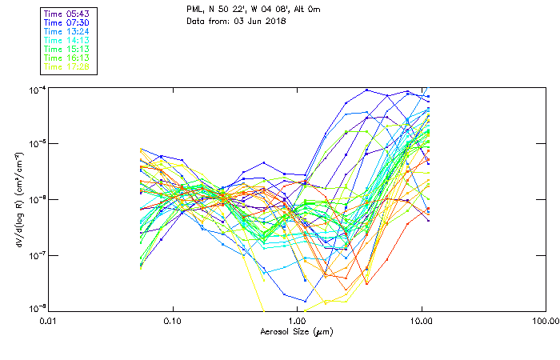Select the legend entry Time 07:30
point(67,23)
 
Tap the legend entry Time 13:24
point(67,32)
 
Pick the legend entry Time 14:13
point(67,41)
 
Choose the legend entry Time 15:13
point(67,50)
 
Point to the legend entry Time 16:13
point(67,58)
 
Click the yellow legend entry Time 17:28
point(67,67)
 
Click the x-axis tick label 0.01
point(48,321)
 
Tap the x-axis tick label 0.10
point(172,321)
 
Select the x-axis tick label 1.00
point(297,321)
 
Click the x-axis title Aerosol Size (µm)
point(296,331)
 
